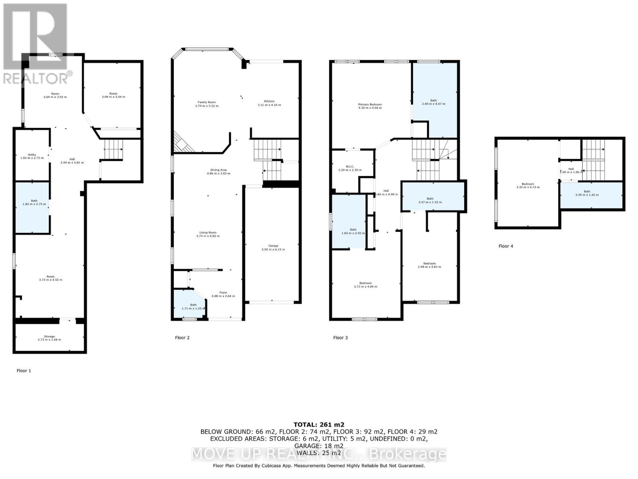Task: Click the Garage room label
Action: click(x=273, y=246)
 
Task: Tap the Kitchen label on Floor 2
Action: click(x=269, y=101)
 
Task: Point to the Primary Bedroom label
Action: click(x=370, y=105)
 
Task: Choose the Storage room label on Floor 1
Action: click(x=49, y=336)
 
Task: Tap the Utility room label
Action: click(x=32, y=155)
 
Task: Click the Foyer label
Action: click(x=223, y=293)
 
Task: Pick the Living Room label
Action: click(x=208, y=233)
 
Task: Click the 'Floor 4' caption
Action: click(x=506, y=246)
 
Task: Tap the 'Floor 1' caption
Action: click(x=24, y=370)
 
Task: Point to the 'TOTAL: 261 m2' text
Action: click(x=319, y=425)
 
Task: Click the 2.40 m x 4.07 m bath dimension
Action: click(x=433, y=104)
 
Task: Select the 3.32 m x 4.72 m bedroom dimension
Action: click(x=528, y=187)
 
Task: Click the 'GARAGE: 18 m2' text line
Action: click(x=319, y=446)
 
